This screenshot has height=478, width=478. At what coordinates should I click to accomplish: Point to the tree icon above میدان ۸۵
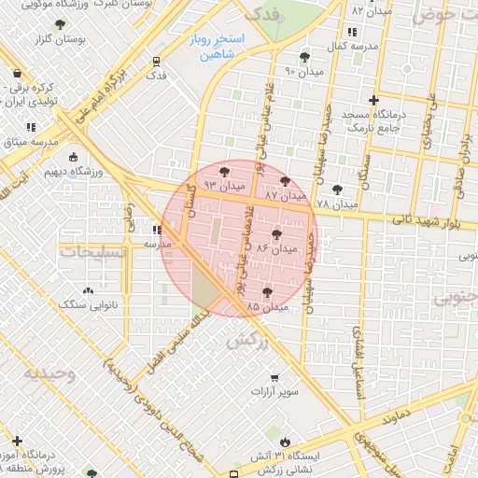pyautogui.click(x=269, y=291)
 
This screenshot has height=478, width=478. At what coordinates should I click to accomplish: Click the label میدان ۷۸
pyautogui.click(x=337, y=204)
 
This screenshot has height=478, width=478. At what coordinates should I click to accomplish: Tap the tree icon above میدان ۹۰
pyautogui.click(x=304, y=57)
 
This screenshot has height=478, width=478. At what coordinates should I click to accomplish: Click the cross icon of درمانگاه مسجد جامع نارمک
pyautogui.click(x=374, y=100)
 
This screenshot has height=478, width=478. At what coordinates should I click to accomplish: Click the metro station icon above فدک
pyautogui.click(x=157, y=62)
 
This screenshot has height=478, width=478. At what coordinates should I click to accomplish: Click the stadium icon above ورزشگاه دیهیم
pyautogui.click(x=74, y=158)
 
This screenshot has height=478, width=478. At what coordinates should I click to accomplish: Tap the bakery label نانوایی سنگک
pyautogui.click(x=85, y=304)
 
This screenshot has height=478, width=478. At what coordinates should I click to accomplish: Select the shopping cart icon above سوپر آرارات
pyautogui.click(x=274, y=378)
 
